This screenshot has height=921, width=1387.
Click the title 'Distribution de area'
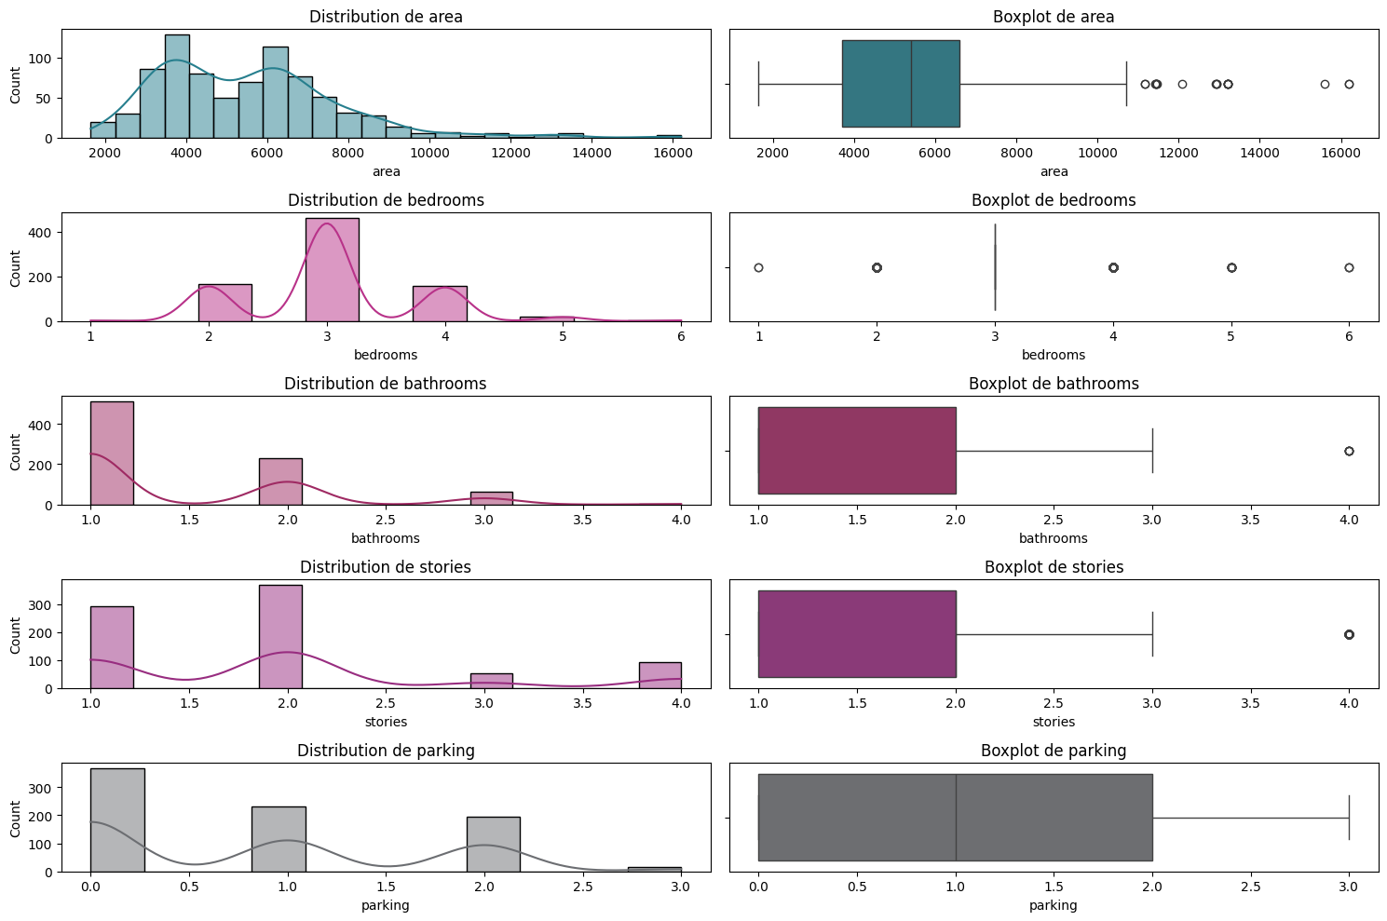pyautogui.click(x=386, y=17)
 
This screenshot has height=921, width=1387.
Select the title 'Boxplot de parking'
pyautogui.click(x=1054, y=751)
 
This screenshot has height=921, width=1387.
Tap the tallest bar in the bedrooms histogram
pyautogui.click(x=332, y=270)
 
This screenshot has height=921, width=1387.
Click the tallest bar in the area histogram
pyautogui.click(x=177, y=87)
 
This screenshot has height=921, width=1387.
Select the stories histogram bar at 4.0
pyautogui.click(x=660, y=675)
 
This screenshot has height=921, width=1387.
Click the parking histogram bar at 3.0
pyautogui.click(x=655, y=869)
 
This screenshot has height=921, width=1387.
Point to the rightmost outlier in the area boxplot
pyautogui.click(x=1349, y=84)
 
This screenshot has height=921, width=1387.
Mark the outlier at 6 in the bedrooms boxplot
pyautogui.click(x=1349, y=267)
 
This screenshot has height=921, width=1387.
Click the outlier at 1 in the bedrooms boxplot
pyautogui.click(x=758, y=267)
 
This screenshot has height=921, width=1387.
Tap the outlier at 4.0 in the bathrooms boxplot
pyautogui.click(x=1349, y=451)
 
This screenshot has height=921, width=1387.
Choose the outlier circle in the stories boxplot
pyautogui.click(x=1349, y=634)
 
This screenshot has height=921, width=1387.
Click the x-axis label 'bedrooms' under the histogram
pyautogui.click(x=386, y=355)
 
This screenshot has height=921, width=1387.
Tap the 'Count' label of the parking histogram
pyautogui.click(x=16, y=819)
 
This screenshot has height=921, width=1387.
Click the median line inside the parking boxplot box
pyautogui.click(x=956, y=818)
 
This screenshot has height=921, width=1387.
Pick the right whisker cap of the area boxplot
pyautogui.click(x=1126, y=84)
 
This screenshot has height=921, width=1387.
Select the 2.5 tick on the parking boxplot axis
pyautogui.click(x=1250, y=887)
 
